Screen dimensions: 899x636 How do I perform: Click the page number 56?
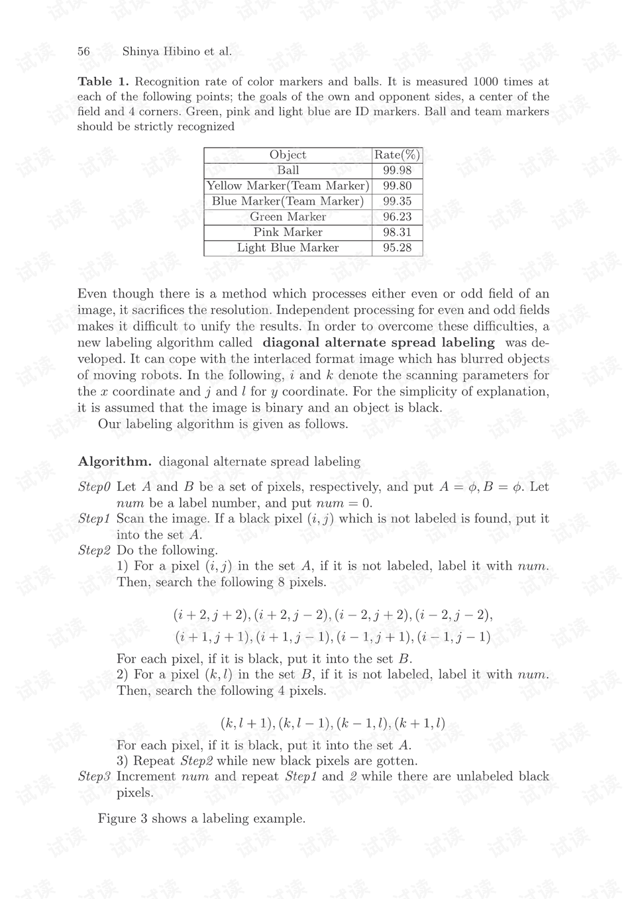tap(83, 52)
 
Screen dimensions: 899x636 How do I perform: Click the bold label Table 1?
tap(103, 81)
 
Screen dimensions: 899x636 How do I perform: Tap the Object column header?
tap(288, 155)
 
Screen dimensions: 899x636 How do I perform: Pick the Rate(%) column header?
tap(397, 155)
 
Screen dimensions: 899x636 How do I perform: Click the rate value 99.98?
tap(397, 170)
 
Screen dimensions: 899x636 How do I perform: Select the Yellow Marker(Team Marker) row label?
tap(288, 186)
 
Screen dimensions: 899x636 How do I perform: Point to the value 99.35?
tap(397, 201)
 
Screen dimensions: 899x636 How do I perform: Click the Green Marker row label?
tap(288, 217)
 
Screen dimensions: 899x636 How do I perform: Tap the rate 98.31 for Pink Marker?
tap(397, 233)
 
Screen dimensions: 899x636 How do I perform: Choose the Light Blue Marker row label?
tap(288, 248)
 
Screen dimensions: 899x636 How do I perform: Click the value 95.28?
tap(397, 248)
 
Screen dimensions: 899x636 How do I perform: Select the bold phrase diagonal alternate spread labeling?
tap(378, 343)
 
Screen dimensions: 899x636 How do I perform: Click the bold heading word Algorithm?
tap(115, 462)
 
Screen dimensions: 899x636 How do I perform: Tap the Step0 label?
tap(94, 487)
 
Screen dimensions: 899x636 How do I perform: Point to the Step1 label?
tap(94, 519)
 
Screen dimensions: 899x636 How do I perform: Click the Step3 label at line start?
tap(94, 776)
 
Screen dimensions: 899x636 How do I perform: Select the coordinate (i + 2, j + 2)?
tap(211, 615)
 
